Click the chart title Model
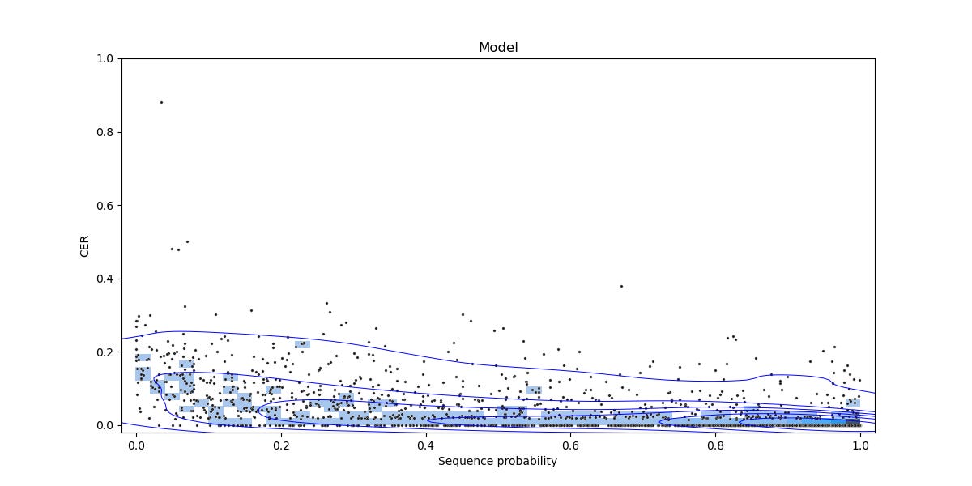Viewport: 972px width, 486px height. (x=497, y=47)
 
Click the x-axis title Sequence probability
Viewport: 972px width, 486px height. (x=497, y=461)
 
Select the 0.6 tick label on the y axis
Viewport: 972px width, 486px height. (x=104, y=206)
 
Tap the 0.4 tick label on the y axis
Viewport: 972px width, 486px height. (x=104, y=279)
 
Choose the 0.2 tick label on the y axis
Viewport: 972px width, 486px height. (x=104, y=352)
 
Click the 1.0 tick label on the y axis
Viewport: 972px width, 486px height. (x=104, y=59)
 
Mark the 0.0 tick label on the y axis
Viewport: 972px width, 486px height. (x=104, y=425)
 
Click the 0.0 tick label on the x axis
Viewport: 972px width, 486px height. (x=136, y=445)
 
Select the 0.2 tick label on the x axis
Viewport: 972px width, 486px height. (x=281, y=445)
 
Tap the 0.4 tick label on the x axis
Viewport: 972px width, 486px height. (x=425, y=445)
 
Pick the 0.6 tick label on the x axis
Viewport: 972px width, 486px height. (x=570, y=445)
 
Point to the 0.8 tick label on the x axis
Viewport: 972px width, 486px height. (x=715, y=445)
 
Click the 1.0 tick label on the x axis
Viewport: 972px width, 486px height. (x=860, y=445)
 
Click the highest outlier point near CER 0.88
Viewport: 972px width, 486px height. (x=161, y=102)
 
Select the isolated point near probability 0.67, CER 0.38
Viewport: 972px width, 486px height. (x=621, y=286)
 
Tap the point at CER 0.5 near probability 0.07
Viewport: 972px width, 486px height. (x=187, y=241)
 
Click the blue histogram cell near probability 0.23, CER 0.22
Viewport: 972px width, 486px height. (x=302, y=344)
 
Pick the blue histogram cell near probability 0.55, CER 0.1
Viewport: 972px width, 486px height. (x=534, y=390)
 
